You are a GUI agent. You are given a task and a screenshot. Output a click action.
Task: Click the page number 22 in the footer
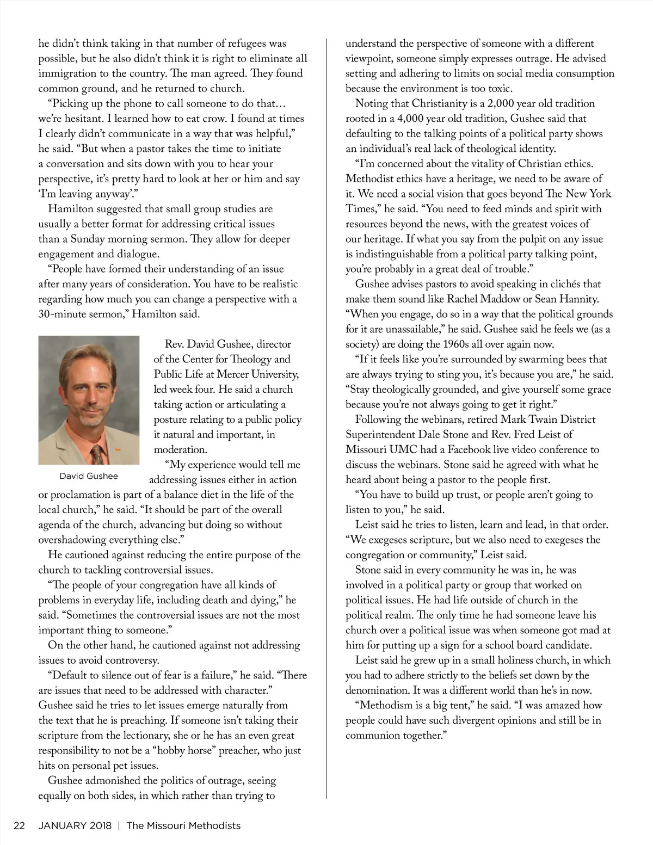pyautogui.click(x=19, y=825)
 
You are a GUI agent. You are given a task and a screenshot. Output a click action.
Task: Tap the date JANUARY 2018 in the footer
pyautogui.click(x=75, y=825)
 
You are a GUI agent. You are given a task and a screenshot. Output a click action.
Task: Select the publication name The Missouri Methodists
pyautogui.click(x=183, y=825)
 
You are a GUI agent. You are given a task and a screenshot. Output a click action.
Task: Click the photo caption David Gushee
pyautogui.click(x=89, y=476)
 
